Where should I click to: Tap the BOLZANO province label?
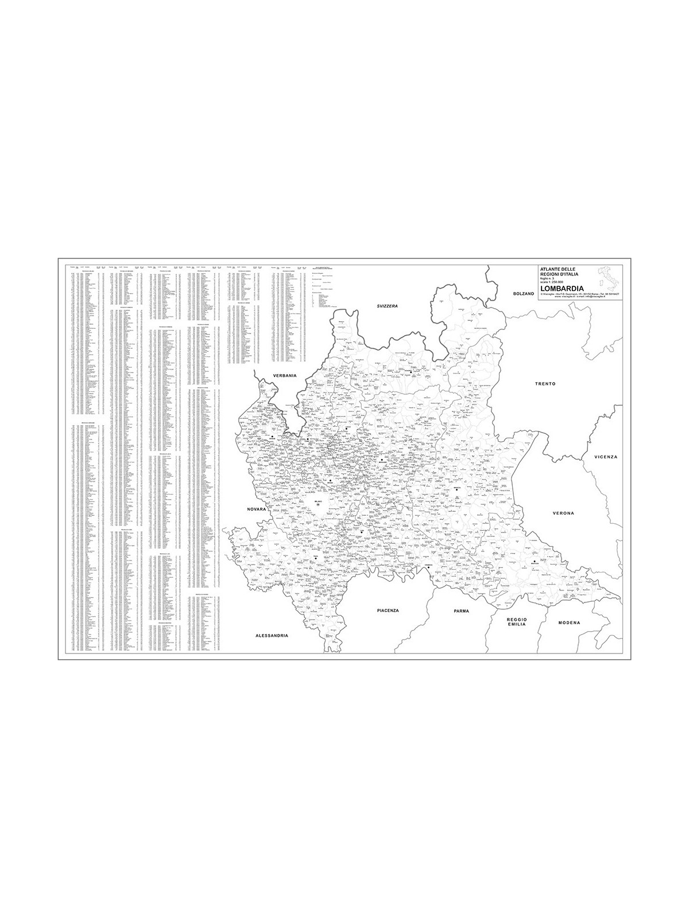coord(524,293)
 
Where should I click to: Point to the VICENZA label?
coord(606,457)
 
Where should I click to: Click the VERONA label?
coord(563,512)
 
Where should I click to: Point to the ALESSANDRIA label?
coord(272,636)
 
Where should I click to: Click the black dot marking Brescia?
coord(457,489)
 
